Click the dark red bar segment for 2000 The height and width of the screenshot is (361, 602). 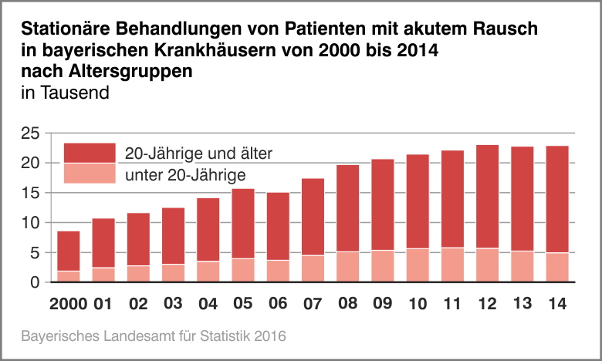(69, 251)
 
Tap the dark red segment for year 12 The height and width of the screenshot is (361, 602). (487, 196)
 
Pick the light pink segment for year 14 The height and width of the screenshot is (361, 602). (557, 268)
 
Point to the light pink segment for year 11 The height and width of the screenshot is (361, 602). (452, 265)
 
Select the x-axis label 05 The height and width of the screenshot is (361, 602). (243, 303)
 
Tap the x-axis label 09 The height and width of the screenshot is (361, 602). (383, 303)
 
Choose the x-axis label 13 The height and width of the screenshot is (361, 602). (523, 303)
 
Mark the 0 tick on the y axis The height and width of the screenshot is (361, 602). (35, 282)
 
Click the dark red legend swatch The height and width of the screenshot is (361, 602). (89, 153)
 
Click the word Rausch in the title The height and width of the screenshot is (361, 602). (499, 30)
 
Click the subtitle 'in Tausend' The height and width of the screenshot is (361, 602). (66, 93)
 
